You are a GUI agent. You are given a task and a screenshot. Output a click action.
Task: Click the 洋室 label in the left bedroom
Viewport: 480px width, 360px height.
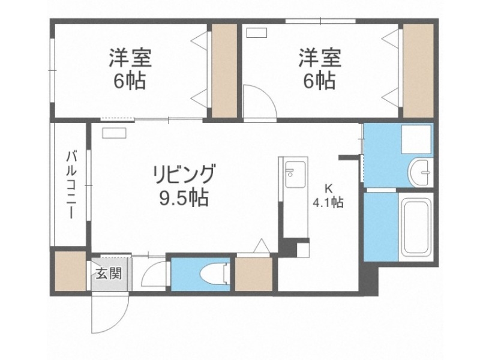(129, 59)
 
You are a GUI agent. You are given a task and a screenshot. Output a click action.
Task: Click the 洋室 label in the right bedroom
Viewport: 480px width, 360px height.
(320, 59)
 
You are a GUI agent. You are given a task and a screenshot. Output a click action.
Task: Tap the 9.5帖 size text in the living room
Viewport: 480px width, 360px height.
(183, 197)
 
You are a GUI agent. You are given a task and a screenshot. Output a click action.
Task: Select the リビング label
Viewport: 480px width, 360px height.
(183, 174)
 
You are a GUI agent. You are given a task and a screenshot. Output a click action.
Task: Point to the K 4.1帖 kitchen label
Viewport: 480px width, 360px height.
(328, 196)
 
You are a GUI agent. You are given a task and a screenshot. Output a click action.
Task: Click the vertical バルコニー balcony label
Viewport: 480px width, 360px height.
(70, 185)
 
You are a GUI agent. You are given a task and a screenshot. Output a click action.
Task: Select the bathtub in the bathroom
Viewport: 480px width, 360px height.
(416, 226)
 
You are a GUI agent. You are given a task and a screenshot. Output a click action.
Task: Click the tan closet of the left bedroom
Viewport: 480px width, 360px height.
(224, 71)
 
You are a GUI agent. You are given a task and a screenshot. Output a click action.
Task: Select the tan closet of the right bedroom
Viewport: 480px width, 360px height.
(418, 71)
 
